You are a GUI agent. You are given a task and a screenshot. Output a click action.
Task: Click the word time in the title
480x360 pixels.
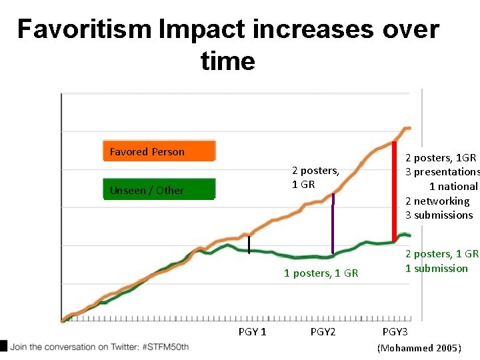[227, 61]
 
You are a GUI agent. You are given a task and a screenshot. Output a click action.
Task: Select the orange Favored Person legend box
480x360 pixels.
[159, 151]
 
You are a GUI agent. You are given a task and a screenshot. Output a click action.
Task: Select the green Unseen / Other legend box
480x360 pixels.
[159, 190]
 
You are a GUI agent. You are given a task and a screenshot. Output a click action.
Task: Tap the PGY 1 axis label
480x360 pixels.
[252, 332]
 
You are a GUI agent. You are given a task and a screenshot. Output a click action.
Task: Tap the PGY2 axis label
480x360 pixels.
[323, 332]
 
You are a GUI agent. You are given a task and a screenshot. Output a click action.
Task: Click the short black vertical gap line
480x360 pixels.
[249, 245]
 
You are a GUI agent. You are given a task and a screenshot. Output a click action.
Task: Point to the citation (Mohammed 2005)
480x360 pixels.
[419, 348]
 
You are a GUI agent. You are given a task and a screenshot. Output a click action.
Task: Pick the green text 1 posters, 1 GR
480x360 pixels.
[321, 273]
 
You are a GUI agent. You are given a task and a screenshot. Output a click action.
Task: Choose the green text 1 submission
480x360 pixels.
[437, 268]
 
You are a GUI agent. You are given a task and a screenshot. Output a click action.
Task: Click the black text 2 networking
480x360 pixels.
[437, 201]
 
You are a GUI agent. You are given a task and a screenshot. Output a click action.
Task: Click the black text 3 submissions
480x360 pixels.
[439, 215]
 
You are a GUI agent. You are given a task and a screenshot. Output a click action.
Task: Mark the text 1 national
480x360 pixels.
[453, 187]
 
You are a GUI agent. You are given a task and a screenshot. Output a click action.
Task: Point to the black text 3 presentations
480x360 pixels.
[442, 172]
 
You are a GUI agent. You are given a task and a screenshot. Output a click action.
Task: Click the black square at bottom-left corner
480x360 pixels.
[4, 346]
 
